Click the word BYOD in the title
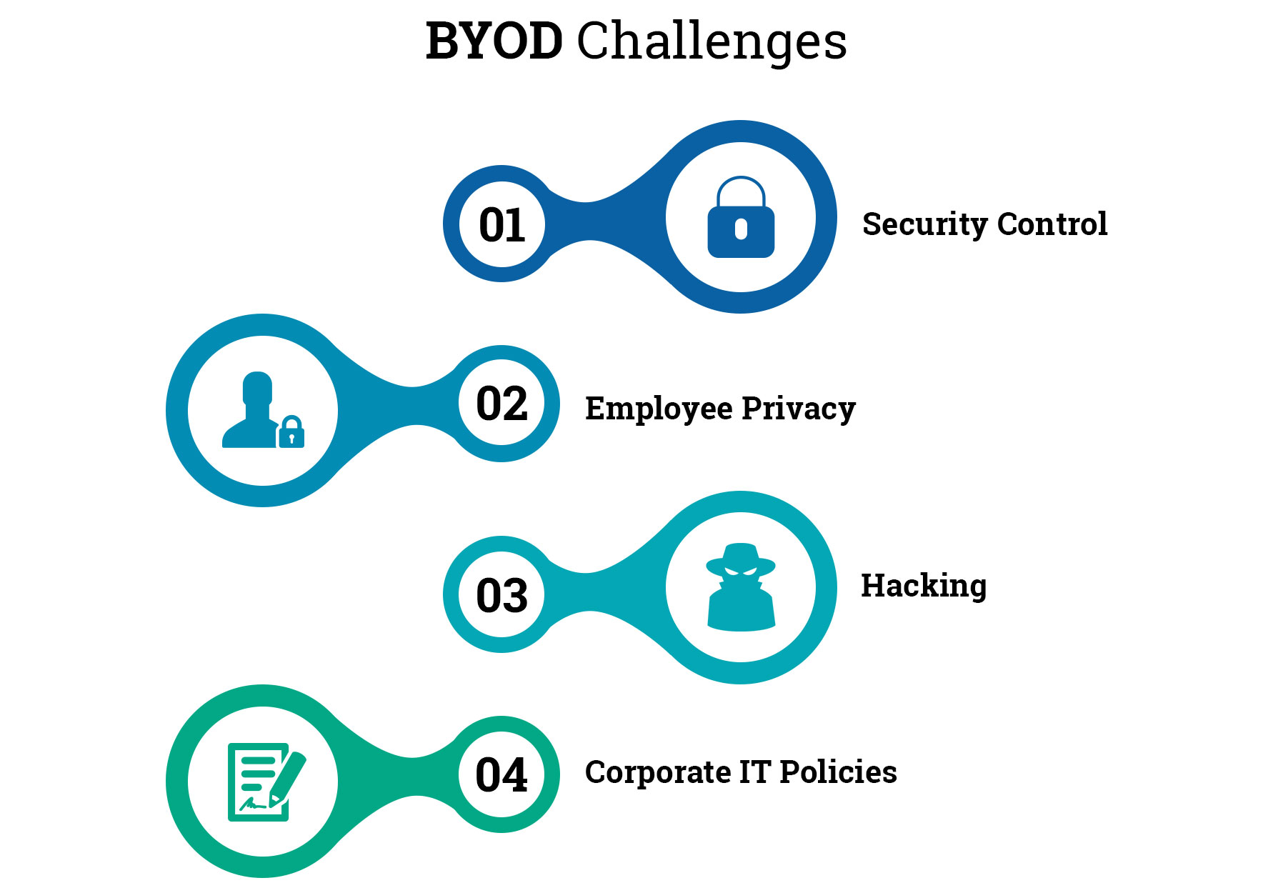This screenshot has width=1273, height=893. click(494, 41)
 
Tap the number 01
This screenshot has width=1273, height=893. click(502, 225)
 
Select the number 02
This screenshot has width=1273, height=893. click(502, 404)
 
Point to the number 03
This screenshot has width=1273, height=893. click(502, 595)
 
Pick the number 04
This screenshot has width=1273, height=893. click(502, 775)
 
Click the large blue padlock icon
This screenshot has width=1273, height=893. click(741, 217)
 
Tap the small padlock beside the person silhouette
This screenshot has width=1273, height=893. click(291, 431)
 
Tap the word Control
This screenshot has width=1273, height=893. click(1052, 224)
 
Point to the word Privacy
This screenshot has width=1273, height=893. click(799, 409)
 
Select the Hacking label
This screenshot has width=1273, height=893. click(924, 587)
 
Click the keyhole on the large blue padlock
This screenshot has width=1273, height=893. click(741, 229)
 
